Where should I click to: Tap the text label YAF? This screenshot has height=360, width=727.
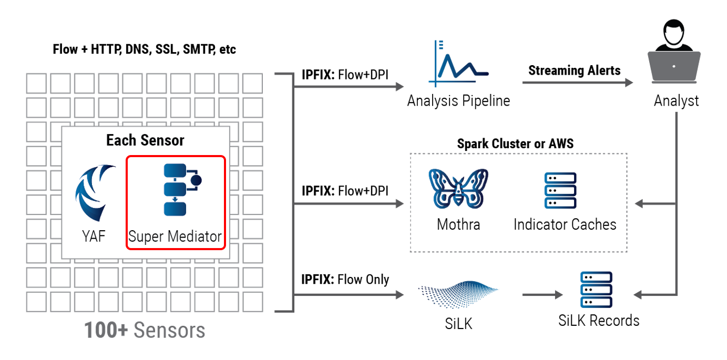point(94,236)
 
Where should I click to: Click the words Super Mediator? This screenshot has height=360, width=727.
point(175,236)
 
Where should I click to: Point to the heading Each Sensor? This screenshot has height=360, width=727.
point(145,140)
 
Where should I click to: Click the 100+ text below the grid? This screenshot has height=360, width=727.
point(106,331)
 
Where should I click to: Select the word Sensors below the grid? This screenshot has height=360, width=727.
point(169,331)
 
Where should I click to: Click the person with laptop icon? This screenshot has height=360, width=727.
point(674,53)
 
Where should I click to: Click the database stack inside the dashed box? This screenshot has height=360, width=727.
point(560,190)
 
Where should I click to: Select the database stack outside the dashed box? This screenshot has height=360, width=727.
point(596,289)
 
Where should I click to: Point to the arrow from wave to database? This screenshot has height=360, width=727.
point(542,295)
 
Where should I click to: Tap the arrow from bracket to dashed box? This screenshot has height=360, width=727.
point(349,204)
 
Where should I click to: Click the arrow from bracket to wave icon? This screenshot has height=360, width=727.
point(349,295)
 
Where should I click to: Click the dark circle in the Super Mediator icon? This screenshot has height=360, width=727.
point(196,181)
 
